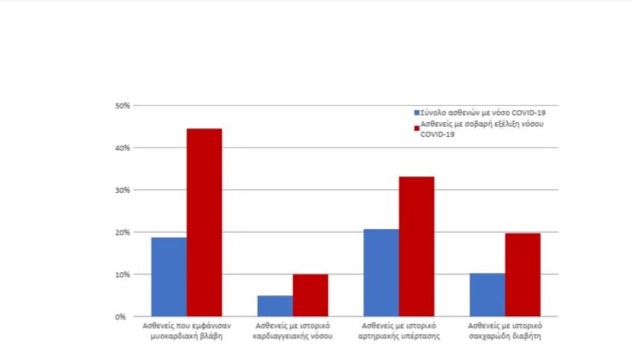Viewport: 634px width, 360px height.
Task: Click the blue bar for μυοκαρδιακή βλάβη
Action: coord(169,277)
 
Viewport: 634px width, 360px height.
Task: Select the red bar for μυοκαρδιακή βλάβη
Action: coord(204,222)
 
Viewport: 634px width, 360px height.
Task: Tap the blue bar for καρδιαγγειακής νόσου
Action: coord(274,306)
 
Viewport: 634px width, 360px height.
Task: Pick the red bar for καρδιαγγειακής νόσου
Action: coord(310,295)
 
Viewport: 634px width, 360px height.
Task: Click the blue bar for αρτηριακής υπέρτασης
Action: coord(380,273)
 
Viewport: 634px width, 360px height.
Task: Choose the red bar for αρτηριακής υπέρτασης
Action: coord(416,246)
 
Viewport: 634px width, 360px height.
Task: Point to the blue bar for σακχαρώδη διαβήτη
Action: coord(486,295)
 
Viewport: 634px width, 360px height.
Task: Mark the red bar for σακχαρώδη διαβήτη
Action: coord(522,275)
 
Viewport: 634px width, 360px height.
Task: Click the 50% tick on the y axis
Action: coord(122,106)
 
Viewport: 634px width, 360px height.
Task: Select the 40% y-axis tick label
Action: coord(122,148)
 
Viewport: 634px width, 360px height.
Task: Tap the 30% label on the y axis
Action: coord(122,190)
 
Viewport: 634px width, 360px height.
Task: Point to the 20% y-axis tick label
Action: coord(122,233)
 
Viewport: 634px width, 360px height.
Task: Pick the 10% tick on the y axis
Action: coord(122,274)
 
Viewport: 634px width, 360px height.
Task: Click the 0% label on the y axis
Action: coord(124,317)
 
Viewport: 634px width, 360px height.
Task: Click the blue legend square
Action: coord(416,113)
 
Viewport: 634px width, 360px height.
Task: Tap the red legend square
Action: coord(416,127)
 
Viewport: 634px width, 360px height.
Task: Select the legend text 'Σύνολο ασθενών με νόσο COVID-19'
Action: coord(473,113)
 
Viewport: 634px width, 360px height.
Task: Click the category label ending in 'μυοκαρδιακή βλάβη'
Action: coord(187,331)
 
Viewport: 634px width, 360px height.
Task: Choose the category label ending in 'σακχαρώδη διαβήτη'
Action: coord(504,331)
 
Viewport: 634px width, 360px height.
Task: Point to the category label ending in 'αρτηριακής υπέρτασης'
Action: coord(398,331)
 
